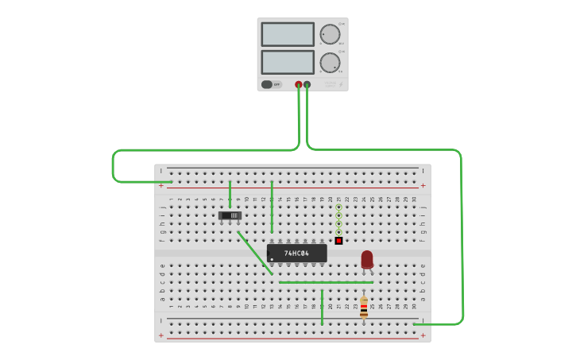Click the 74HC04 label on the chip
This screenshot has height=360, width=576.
point(297,254)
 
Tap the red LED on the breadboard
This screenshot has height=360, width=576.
point(366,259)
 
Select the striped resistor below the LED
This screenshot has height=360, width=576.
point(364,308)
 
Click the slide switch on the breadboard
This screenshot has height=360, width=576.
point(230,215)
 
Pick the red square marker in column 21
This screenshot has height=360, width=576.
point(338,240)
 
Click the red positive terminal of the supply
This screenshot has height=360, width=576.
point(299,84)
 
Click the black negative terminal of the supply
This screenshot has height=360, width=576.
point(307,84)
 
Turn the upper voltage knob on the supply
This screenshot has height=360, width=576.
point(330,34)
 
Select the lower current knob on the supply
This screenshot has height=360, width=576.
point(330,63)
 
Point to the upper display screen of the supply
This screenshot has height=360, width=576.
point(288,34)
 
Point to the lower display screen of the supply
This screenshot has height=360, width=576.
point(288,62)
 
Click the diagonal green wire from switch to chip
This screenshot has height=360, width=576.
point(254,253)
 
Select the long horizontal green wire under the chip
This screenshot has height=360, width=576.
point(326,282)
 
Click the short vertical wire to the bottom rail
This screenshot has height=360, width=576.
point(322,308)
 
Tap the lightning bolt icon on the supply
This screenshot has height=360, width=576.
point(340,84)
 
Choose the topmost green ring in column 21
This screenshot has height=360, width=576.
point(338,207)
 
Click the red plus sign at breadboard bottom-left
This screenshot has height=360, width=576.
point(161,335)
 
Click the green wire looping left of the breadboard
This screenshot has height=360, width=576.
point(114,167)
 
